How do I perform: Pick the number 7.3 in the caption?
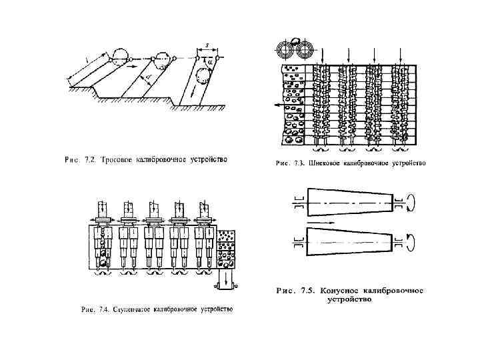pyautogui.click(x=301, y=163)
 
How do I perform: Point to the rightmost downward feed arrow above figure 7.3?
pyautogui.click(x=400, y=55)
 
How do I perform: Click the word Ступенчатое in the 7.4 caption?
pyautogui.click(x=133, y=311)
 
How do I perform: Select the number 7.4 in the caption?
pyautogui.click(x=104, y=311)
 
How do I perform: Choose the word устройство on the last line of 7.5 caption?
pyautogui.click(x=349, y=300)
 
